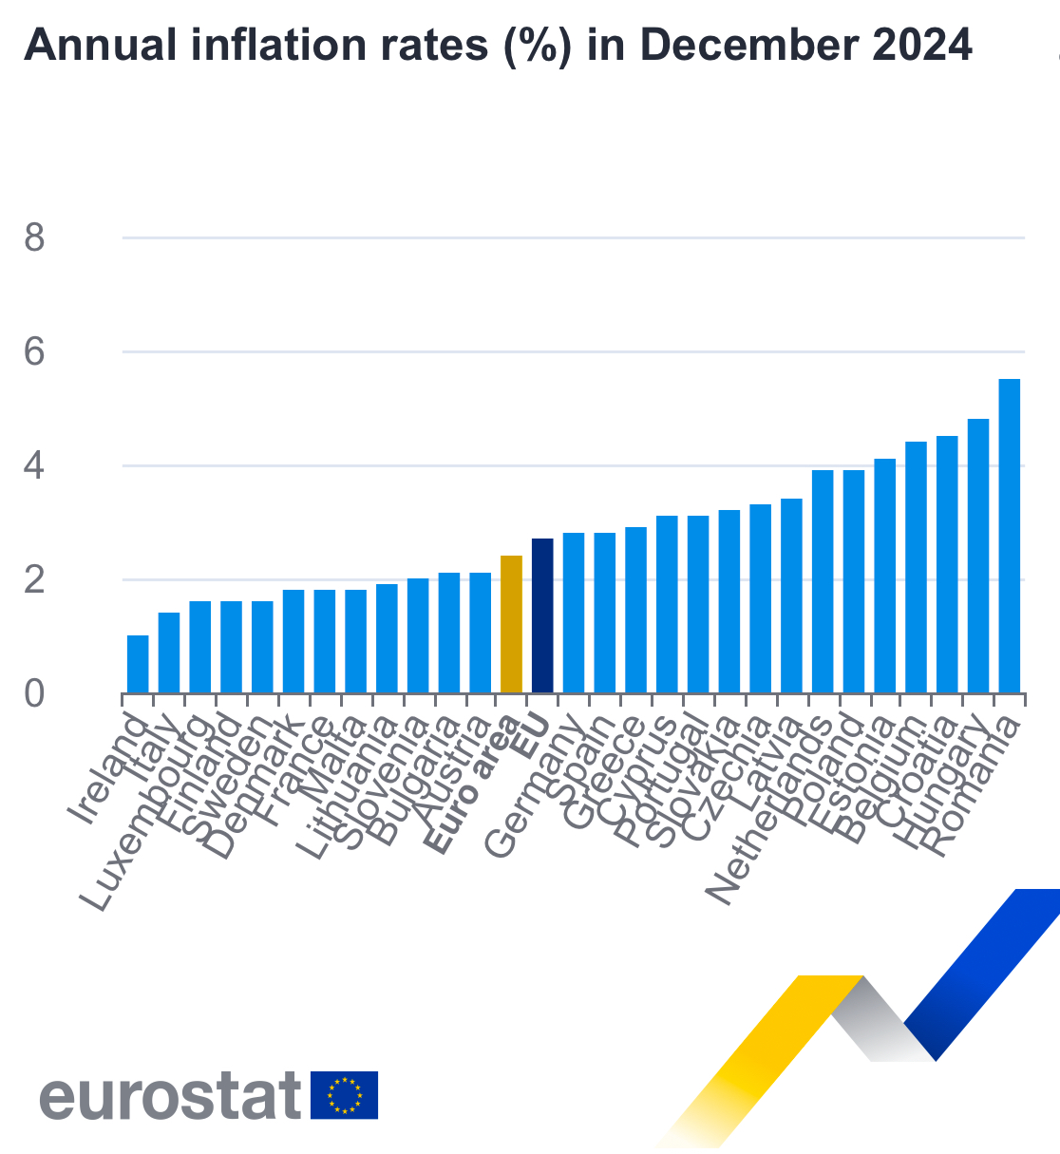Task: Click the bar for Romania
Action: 1009,537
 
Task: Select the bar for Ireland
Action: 138,664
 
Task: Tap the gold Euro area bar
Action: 511,624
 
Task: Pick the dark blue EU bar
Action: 542,615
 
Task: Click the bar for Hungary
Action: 978,556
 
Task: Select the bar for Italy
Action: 169,653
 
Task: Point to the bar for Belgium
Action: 916,567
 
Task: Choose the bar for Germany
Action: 574,613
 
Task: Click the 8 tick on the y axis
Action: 35,237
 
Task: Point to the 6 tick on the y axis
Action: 35,352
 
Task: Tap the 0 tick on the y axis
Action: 35,694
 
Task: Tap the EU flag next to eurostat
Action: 344,1095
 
